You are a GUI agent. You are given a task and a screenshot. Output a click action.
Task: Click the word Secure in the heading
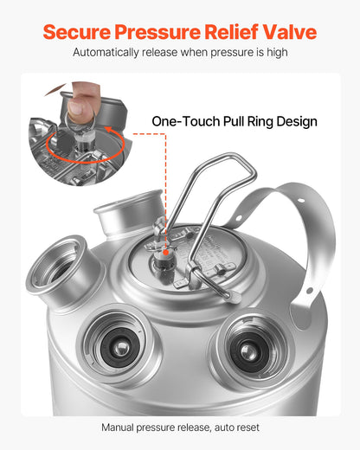(x=79, y=33)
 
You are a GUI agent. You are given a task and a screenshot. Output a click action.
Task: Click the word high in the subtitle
(x=275, y=53)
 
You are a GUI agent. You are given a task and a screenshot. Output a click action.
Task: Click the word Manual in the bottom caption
(x=119, y=427)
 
